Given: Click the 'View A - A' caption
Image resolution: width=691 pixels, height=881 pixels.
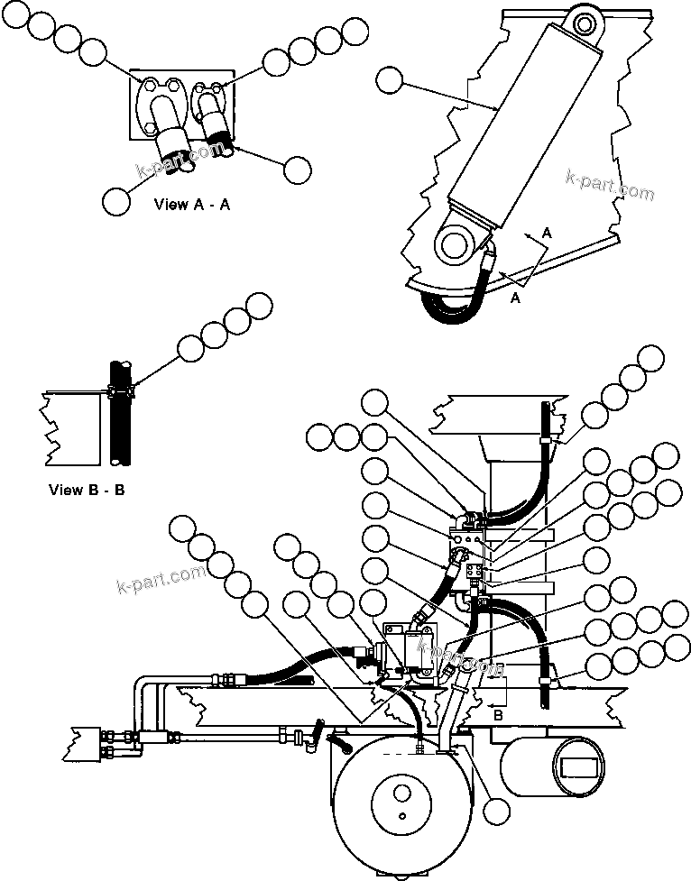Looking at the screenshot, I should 192,205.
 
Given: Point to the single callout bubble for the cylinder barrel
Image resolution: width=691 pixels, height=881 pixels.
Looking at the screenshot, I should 390,80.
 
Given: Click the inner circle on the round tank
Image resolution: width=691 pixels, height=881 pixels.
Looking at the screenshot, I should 393,801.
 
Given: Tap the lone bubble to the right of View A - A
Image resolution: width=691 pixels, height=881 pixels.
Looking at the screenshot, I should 297,169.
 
